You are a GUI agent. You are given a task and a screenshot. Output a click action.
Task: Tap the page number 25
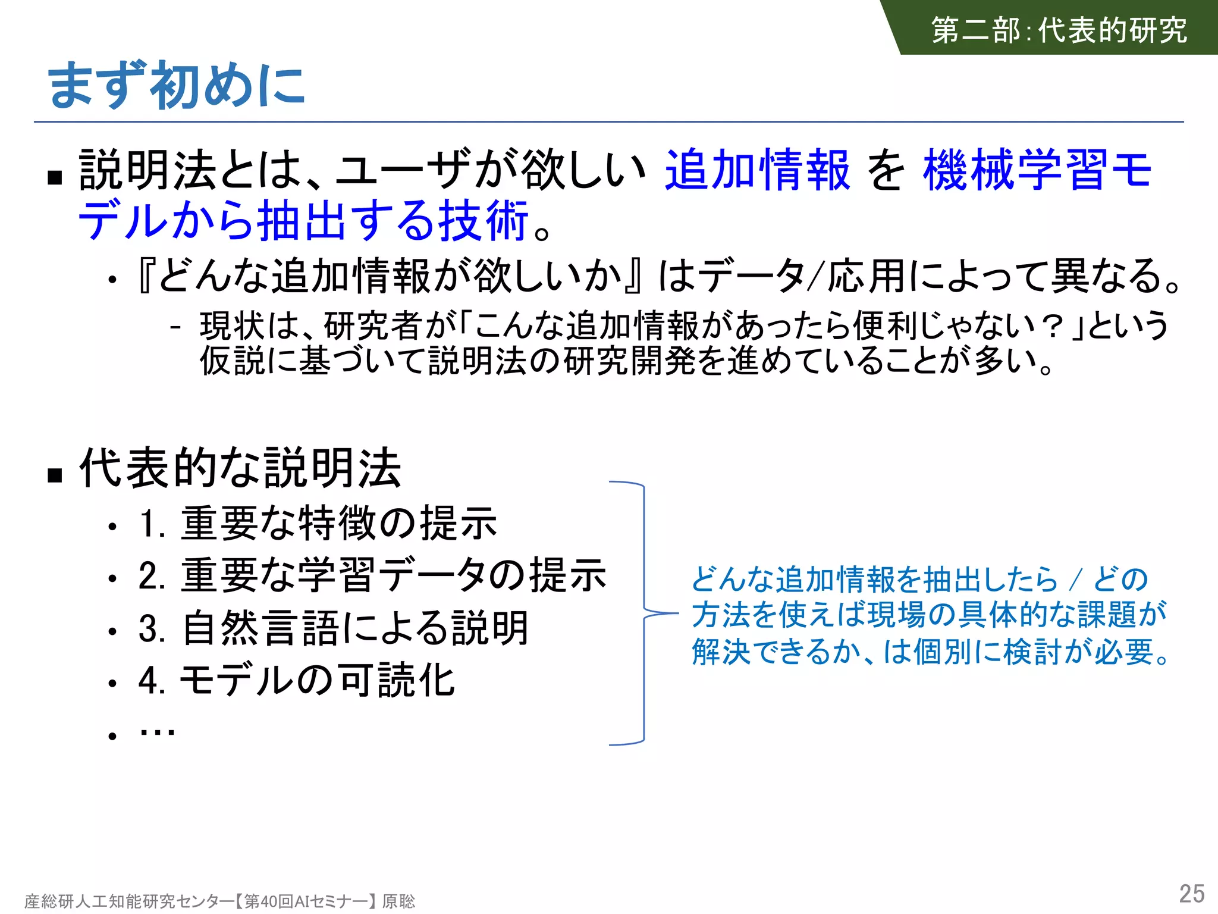(1191, 894)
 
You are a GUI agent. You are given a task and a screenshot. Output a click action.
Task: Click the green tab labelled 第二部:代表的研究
(1059, 30)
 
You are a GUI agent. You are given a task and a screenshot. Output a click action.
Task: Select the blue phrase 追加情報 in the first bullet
(757, 170)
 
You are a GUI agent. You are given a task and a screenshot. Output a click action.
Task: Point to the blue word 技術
(483, 221)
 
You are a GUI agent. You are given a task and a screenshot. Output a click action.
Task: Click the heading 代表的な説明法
(240, 468)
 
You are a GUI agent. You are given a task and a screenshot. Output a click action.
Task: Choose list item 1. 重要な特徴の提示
(318, 524)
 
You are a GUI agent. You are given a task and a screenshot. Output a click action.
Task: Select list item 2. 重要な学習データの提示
(372, 575)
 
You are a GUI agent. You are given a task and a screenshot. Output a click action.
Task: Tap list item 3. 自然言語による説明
(333, 628)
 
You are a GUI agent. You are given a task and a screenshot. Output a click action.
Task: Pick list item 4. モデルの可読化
(296, 680)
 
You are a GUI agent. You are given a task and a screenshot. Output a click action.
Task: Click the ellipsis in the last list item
(157, 733)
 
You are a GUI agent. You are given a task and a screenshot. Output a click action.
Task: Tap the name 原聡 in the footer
(398, 902)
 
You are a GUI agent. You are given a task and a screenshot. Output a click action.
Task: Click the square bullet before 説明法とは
(55, 177)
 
